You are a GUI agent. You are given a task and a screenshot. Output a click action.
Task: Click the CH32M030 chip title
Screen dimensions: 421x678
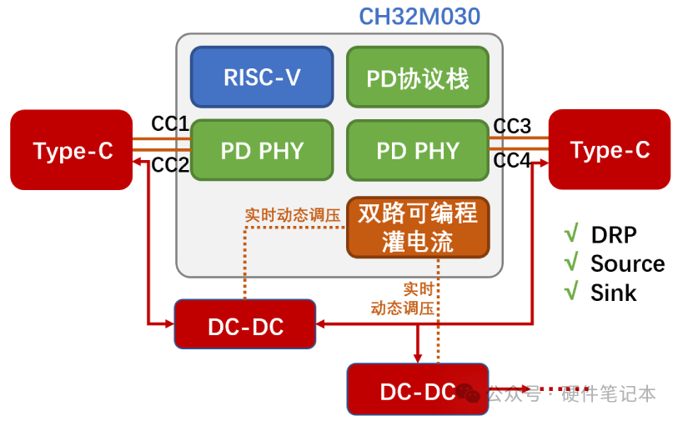(419, 16)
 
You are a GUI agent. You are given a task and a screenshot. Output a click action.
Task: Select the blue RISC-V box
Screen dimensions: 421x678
(262, 78)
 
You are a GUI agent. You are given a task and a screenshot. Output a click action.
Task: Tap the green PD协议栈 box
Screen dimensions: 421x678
(418, 78)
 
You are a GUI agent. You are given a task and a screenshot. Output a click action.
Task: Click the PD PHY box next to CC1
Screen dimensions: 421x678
(262, 151)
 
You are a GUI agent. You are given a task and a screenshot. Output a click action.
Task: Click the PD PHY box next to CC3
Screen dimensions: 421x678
(418, 151)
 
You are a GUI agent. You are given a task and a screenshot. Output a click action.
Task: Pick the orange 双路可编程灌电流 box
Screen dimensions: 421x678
(418, 228)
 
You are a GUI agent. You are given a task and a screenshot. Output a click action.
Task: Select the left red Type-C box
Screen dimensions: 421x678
(72, 150)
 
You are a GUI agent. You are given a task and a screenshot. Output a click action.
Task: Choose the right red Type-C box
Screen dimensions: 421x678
(610, 150)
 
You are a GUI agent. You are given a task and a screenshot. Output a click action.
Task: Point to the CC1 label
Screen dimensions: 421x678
(170, 124)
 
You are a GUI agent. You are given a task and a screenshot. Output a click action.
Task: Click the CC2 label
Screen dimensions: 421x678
(170, 165)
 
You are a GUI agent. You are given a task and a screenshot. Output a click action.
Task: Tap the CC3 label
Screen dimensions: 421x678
(512, 126)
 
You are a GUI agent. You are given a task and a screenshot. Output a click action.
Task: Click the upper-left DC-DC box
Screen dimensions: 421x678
(245, 324)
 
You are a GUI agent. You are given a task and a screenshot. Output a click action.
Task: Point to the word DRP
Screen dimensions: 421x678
(613, 235)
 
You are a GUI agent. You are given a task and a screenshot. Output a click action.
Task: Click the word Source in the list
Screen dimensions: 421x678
(627, 264)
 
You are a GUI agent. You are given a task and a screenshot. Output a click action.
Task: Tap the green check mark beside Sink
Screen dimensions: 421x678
(572, 292)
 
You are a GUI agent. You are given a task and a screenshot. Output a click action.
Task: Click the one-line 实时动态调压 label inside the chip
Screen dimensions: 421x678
(292, 214)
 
